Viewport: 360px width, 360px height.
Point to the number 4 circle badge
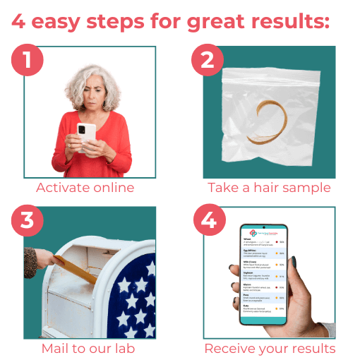(x=207, y=220)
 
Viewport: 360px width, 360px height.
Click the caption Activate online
(x=85, y=188)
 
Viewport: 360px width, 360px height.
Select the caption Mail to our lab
(x=85, y=348)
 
